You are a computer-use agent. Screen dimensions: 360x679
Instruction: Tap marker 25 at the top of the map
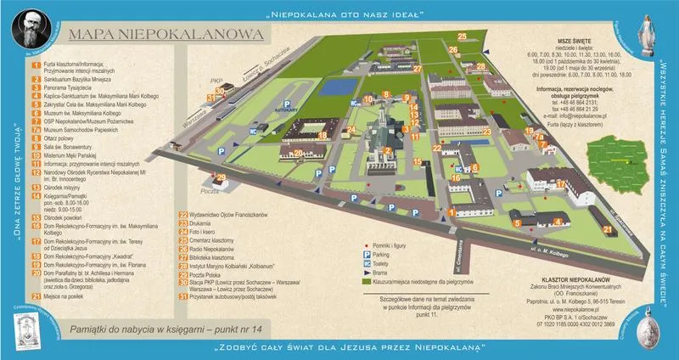tap(462, 36)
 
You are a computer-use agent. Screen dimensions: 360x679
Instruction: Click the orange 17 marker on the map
tap(561, 183)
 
